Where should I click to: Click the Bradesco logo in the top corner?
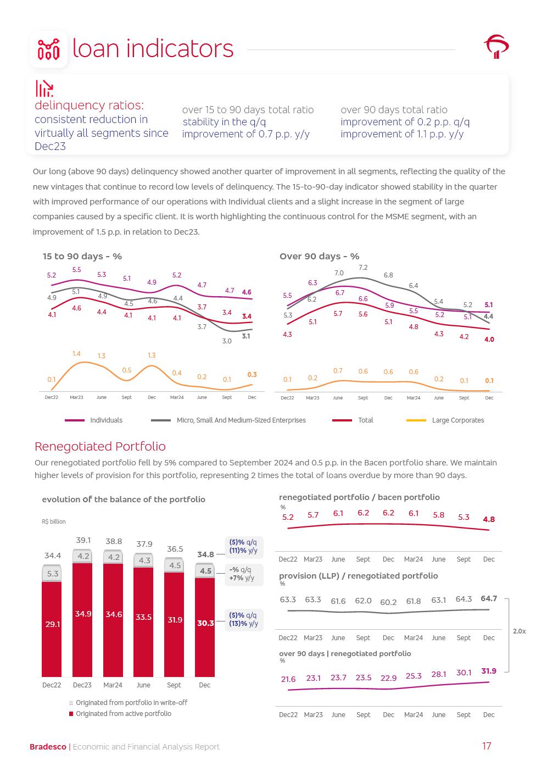496,47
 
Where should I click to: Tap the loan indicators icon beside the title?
48,49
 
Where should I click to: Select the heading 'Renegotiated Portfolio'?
100,446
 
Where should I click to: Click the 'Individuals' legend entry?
106,420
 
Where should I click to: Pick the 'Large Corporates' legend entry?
457,420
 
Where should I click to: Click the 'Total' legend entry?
365,420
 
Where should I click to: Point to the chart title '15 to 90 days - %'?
82,256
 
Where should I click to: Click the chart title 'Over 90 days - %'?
319,256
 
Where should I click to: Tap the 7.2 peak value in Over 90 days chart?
363,268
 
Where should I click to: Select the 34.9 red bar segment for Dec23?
83,614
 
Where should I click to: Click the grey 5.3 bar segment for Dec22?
53,574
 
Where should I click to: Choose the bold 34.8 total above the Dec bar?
205,554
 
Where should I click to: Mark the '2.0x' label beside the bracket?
519,631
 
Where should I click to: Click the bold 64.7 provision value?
489,598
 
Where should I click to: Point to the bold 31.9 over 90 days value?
489,671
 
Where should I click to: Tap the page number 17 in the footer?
487,746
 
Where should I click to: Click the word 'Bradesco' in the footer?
48,747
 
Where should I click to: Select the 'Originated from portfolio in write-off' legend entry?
131,703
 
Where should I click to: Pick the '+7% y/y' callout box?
242,574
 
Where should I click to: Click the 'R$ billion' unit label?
54,521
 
